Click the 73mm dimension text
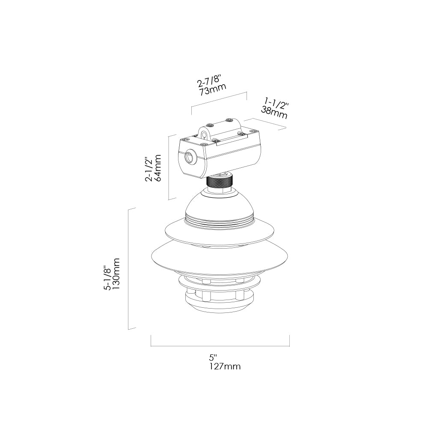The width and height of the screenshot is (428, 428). tap(213, 89)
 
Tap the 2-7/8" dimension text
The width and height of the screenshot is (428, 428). tap(209, 80)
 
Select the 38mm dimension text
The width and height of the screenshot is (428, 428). tap(274, 113)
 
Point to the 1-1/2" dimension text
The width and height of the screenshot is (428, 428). tap(276, 104)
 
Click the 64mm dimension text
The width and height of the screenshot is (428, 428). tap(158, 168)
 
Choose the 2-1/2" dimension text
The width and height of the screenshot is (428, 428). tap(149, 169)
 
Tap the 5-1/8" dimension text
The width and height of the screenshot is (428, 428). tap(107, 275)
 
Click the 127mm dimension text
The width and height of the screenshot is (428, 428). tap(225, 366)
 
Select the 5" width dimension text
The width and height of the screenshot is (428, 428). tap(213, 357)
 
